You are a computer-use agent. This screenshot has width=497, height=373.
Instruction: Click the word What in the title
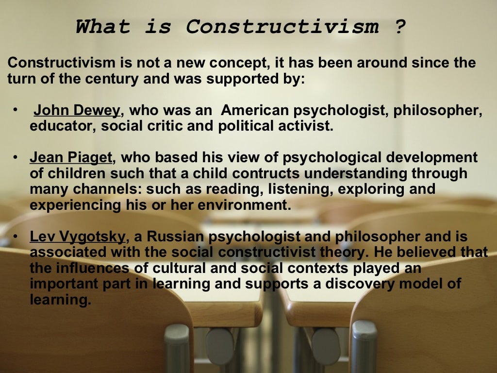[103, 26]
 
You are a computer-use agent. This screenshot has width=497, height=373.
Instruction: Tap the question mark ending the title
[399, 26]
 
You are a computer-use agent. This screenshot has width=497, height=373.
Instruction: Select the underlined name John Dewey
[76, 111]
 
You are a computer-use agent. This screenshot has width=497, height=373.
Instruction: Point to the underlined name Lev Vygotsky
[78, 237]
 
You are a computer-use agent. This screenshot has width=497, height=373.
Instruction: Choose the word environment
[248, 205]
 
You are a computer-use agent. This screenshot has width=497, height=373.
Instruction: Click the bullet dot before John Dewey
[16, 110]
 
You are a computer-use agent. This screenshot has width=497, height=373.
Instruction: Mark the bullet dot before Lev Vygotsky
[16, 237]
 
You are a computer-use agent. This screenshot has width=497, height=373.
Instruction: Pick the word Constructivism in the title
[282, 26]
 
